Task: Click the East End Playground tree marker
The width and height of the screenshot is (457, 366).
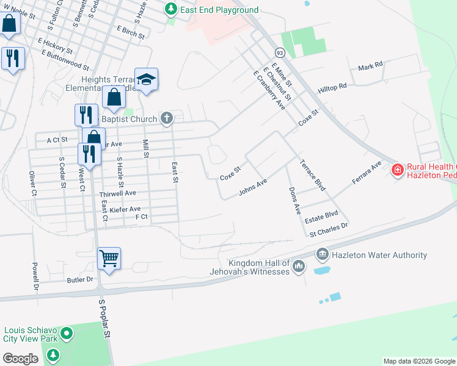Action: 172,9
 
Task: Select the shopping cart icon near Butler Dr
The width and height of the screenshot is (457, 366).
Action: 109,258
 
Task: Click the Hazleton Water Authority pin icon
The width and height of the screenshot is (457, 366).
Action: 323,253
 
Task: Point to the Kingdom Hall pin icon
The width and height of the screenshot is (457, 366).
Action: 299,266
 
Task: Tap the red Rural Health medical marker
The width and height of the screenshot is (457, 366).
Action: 398,169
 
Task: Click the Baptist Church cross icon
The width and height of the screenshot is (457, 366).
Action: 167,118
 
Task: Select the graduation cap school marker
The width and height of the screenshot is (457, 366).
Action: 147,79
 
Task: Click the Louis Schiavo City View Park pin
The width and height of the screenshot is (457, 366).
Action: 67,334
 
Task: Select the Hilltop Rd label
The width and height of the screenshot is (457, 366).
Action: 332,88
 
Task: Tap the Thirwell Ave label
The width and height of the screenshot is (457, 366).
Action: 117,193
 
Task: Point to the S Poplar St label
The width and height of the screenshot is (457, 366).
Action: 105,318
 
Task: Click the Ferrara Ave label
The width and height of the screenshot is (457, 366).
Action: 367,173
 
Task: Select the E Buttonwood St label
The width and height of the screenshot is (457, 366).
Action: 65,59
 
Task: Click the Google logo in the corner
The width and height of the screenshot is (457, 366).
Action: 20,359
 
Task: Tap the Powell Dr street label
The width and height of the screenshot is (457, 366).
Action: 35,278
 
